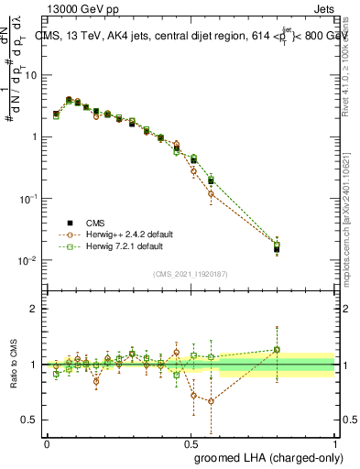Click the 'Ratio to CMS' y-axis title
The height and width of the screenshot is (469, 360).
(x=14, y=365)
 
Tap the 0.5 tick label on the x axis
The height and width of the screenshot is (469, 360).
(x=191, y=443)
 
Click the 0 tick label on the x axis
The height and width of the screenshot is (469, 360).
(x=47, y=443)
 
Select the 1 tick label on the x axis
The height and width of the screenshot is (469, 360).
(x=334, y=443)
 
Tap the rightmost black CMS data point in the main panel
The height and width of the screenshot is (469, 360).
(x=277, y=248)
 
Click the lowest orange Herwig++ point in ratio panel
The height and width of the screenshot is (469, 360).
(x=211, y=401)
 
